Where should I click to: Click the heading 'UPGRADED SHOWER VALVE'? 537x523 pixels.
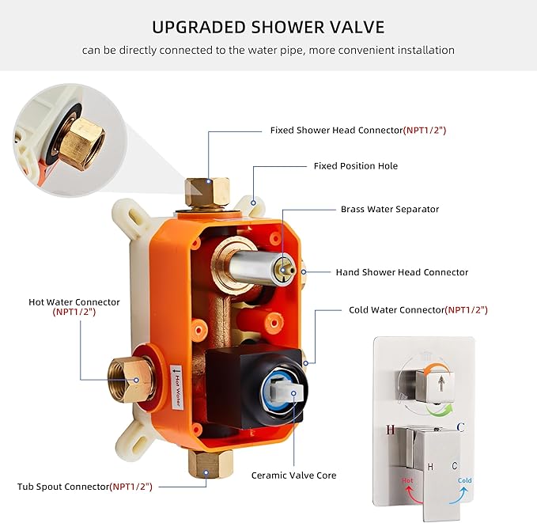click(x=268, y=27)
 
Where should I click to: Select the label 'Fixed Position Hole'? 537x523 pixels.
click(x=355, y=166)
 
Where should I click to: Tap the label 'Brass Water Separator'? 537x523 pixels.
click(x=389, y=209)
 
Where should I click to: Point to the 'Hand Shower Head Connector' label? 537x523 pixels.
click(x=402, y=272)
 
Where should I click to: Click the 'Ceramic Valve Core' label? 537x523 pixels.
click(x=293, y=476)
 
